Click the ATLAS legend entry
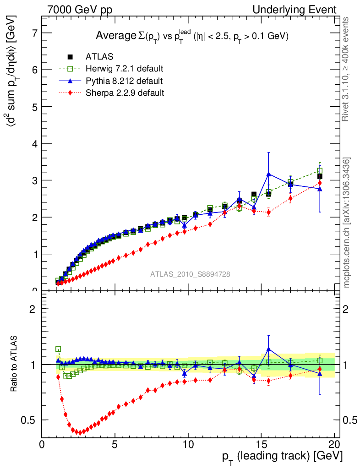tap(99, 57)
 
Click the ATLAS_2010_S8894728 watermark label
tap(190, 274)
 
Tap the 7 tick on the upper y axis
tap(35, 33)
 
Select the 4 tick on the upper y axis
tap(35, 143)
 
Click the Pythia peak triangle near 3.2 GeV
tap(268, 174)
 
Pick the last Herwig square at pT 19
tap(320, 171)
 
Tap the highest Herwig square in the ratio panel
tap(58, 349)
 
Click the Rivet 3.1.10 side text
tap(346, 69)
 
